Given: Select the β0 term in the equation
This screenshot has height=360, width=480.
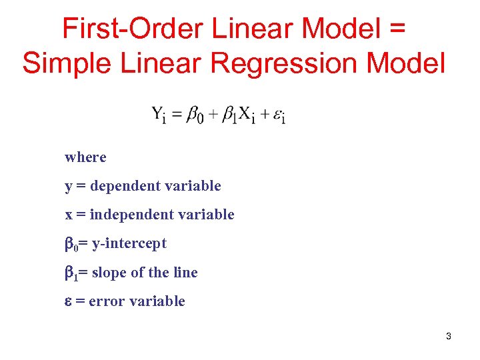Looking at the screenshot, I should tap(195, 115).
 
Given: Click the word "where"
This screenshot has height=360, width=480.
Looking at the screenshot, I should tap(85, 157).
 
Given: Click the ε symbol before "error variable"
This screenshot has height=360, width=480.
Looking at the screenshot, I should tap(68, 302).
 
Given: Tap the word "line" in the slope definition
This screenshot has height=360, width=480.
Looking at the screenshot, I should tap(185, 273).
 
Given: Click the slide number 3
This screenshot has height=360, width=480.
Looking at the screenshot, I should tap(448, 336).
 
